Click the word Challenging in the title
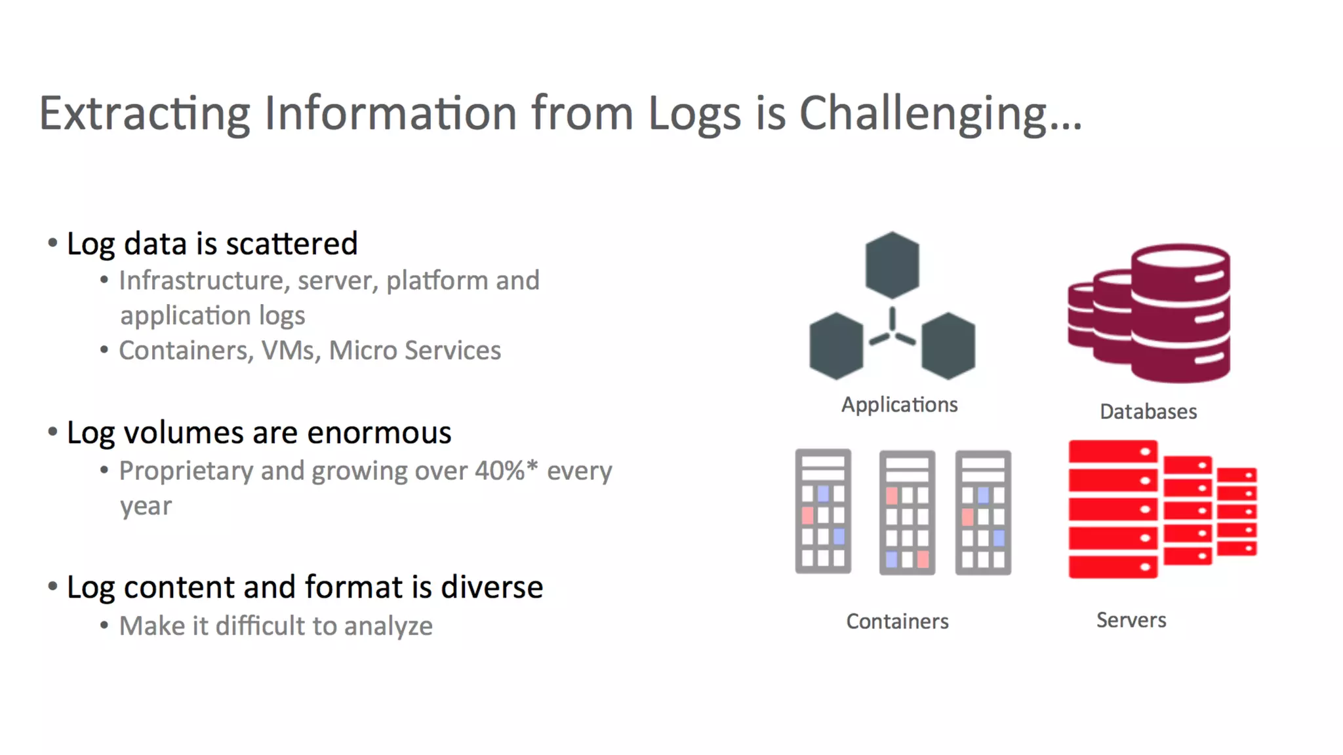point(939,114)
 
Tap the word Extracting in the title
point(144,114)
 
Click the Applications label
point(899,405)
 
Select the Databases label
point(1148,412)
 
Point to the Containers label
point(897,621)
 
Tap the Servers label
point(1131,620)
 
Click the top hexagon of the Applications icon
point(892,265)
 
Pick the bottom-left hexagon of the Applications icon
point(836,345)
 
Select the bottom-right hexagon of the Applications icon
point(948,345)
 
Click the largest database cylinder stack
point(1180,313)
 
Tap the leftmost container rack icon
point(823,512)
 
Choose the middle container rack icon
point(907,513)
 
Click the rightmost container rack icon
point(983,513)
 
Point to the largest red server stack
point(1113,509)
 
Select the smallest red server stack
point(1237,511)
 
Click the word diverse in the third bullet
point(492,587)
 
